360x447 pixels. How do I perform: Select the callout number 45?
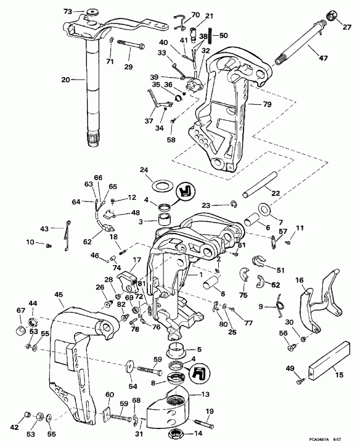(59, 295)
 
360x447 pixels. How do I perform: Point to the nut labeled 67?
(20, 321)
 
